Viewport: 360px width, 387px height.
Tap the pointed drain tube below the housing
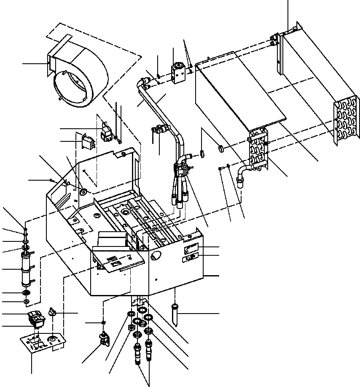tap(175, 314)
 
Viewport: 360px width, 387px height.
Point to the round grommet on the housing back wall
tap(82, 192)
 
